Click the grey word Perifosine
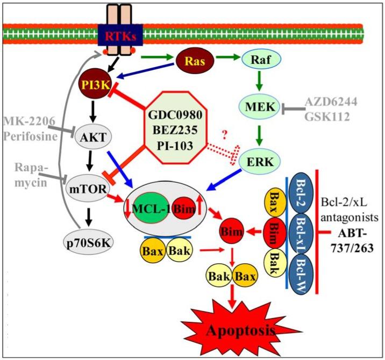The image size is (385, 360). [x=27, y=135]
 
